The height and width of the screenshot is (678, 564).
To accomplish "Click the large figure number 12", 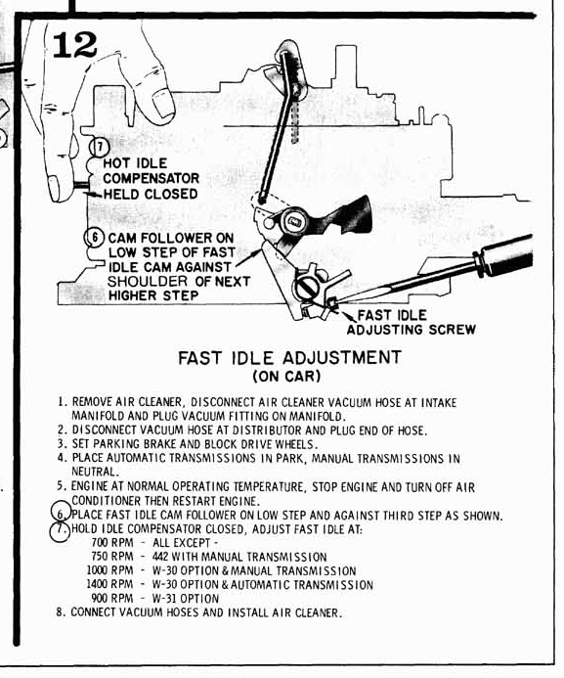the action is pyautogui.click(x=74, y=45).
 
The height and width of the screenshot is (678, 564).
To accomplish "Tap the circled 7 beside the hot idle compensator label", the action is pyautogui.click(x=100, y=148).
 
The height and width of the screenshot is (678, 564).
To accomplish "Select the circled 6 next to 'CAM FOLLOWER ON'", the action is pyautogui.click(x=94, y=238).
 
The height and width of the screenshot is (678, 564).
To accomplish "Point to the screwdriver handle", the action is pyautogui.click(x=504, y=256).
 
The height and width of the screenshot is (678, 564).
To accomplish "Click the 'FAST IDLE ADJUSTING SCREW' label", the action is pyautogui.click(x=412, y=322).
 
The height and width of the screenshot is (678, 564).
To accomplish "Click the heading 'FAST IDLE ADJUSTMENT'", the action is pyautogui.click(x=289, y=358).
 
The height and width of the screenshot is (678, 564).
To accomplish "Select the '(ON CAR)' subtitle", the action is pyautogui.click(x=286, y=376).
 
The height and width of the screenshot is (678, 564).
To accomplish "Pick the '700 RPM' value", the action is pyautogui.click(x=111, y=543).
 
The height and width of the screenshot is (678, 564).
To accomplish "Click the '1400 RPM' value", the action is pyautogui.click(x=109, y=584).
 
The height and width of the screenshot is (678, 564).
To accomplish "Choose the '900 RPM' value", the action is pyautogui.click(x=111, y=599).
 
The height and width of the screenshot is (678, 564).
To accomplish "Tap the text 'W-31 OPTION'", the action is pyautogui.click(x=186, y=599).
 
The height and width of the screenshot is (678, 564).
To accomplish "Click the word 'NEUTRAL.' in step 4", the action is pyautogui.click(x=95, y=472).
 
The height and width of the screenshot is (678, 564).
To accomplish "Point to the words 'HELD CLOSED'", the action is pyautogui.click(x=151, y=194).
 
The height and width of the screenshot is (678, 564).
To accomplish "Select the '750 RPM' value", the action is pyautogui.click(x=111, y=557).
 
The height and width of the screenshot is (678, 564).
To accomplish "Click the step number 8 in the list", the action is pyautogui.click(x=60, y=612).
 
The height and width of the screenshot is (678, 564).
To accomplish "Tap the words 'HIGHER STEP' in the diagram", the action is pyautogui.click(x=153, y=295).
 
